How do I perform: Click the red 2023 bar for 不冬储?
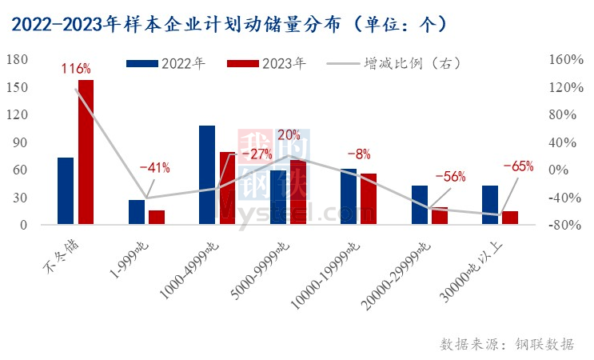pyautogui.click(x=86, y=152)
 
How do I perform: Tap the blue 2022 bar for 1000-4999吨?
pyautogui.click(x=207, y=175)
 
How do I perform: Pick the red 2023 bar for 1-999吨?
pyautogui.click(x=157, y=217)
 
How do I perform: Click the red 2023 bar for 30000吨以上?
pyautogui.click(x=510, y=218)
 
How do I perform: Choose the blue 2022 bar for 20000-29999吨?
pyautogui.click(x=420, y=205)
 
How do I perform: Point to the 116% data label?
pyautogui.click(x=75, y=69)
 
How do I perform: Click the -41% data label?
pyautogui.click(x=153, y=168)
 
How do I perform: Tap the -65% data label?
pyautogui.click(x=517, y=166)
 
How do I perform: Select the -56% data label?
pyautogui.click(x=448, y=177)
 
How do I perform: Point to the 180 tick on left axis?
pyautogui.click(x=17, y=59)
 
